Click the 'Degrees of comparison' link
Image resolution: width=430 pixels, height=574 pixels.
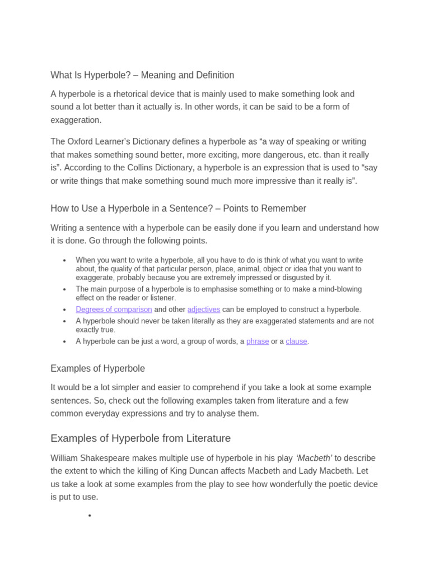tap(114, 309)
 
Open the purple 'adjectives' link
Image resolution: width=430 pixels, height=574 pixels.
tap(204, 309)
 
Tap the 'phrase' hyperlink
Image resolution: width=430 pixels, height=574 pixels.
tap(258, 341)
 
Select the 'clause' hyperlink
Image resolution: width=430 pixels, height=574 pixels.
tap(296, 341)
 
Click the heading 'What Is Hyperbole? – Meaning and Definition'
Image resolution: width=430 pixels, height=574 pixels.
tap(142, 75)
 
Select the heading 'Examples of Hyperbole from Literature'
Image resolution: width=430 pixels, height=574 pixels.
tap(141, 438)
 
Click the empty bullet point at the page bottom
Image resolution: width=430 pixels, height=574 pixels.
tap(90, 516)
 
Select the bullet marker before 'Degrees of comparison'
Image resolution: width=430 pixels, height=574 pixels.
tap(65, 310)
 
